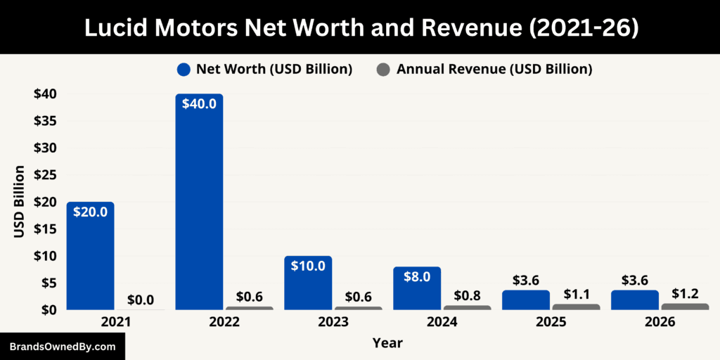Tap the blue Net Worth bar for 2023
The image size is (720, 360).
[308, 288]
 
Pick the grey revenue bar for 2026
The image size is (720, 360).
[685, 307]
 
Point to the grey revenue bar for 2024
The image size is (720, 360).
[467, 307]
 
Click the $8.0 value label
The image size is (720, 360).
[417, 276]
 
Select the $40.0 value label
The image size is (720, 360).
[199, 103]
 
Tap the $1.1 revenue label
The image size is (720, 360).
[576, 292]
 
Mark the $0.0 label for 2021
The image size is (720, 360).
[141, 300]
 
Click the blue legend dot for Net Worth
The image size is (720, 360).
[184, 70]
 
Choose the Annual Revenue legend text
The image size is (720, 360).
[494, 70]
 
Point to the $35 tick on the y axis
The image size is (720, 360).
[45, 121]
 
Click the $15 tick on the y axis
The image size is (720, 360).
[45, 229]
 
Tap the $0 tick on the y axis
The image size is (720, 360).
[49, 310]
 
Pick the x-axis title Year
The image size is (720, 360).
[387, 342]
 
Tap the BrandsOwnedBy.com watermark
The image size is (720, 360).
[62, 347]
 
